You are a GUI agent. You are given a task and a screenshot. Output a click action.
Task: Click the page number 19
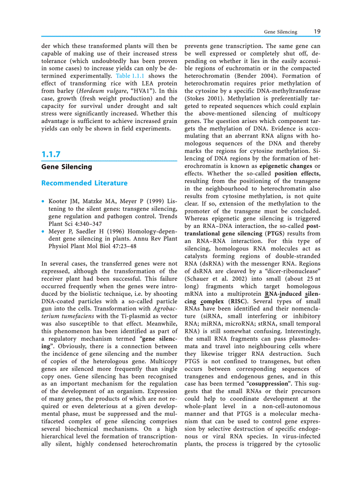317,32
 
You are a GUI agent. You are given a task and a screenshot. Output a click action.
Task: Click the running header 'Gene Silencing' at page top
281,32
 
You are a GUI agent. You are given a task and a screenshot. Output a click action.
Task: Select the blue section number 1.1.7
51,154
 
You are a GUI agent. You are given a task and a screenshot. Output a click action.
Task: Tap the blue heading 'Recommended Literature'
84,183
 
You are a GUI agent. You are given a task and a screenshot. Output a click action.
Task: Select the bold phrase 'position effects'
297,173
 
